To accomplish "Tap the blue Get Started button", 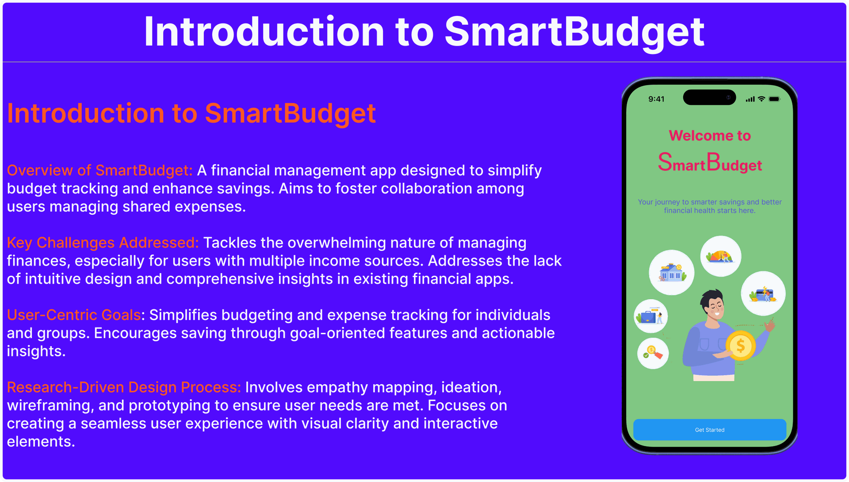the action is point(709,429).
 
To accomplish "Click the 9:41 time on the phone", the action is point(656,99).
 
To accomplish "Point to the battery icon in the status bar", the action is point(774,99).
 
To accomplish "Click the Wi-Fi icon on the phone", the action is point(761,99).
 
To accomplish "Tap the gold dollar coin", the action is point(740,345).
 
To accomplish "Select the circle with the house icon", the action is point(671,272).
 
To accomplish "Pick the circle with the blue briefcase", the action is point(650,316).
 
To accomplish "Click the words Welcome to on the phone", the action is point(710,135).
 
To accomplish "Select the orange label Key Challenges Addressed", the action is point(103,243).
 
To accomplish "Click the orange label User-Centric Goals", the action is point(74,315).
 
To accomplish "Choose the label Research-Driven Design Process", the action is point(124,387).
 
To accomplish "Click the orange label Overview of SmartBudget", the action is point(99,170).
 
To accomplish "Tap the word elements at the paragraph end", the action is point(41,442).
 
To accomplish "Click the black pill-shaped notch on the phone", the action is point(709,97).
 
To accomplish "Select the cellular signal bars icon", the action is point(750,99).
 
